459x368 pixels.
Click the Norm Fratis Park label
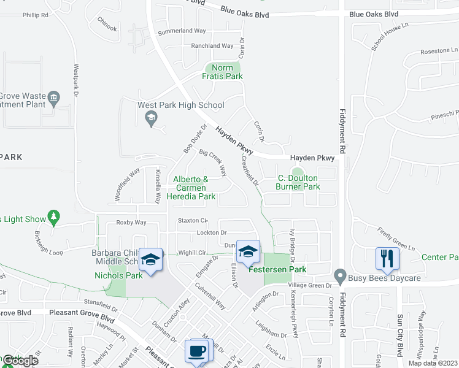click(222, 72)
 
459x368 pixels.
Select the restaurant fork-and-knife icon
click(387, 258)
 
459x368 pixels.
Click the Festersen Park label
click(277, 269)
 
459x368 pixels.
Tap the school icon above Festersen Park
click(248, 251)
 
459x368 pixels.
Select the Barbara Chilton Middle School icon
click(151, 259)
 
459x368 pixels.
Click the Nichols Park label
click(118, 276)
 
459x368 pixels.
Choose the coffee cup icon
click(196, 351)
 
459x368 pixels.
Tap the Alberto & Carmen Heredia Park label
click(191, 188)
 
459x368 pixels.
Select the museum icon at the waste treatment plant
click(53, 96)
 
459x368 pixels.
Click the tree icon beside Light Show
click(55, 216)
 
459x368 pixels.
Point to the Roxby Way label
click(131, 223)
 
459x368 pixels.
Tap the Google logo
click(20, 361)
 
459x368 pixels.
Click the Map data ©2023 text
click(432, 363)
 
